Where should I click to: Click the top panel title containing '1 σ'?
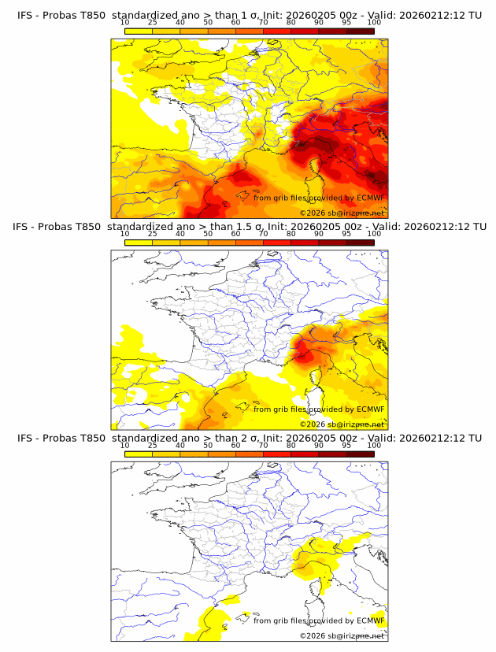(x=249, y=14)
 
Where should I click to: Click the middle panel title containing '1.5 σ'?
(x=249, y=226)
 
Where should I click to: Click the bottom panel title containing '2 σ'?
(x=249, y=438)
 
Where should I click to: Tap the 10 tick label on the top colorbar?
(x=124, y=22)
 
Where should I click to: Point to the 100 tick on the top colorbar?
(x=374, y=22)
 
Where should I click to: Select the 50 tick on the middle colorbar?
(x=208, y=234)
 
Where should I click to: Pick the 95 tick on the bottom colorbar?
(x=346, y=446)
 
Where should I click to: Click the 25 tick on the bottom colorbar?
(x=152, y=446)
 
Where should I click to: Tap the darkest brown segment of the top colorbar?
(x=360, y=31)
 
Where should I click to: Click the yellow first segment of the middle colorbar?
(x=138, y=243)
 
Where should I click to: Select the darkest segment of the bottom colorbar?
(x=360, y=454)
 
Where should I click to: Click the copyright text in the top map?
(x=342, y=213)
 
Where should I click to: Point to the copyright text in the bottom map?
(x=342, y=635)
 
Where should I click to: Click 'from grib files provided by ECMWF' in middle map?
(x=319, y=409)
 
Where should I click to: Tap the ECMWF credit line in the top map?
(x=319, y=198)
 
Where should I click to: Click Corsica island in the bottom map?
(x=321, y=587)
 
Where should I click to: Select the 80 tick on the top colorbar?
(x=291, y=22)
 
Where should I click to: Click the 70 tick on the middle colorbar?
(x=263, y=234)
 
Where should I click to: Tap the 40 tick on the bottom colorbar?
(x=180, y=446)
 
